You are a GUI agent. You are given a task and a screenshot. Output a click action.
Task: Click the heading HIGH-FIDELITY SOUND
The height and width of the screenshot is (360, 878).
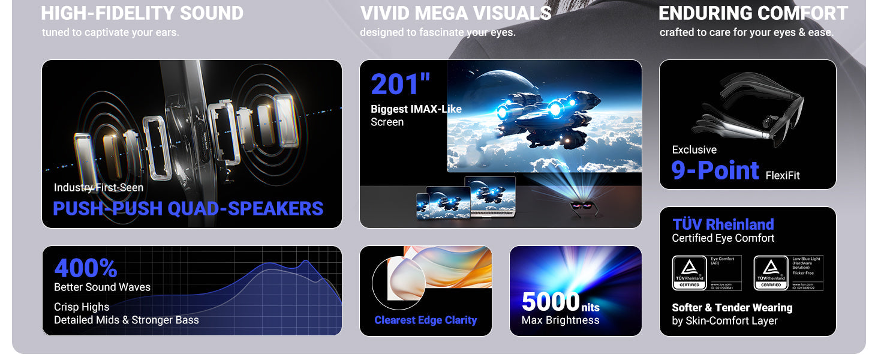(x=142, y=13)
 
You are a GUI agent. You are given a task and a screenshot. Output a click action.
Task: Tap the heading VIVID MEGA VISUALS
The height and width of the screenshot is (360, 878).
(x=456, y=13)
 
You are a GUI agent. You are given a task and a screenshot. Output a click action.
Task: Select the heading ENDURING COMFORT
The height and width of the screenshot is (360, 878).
(x=753, y=13)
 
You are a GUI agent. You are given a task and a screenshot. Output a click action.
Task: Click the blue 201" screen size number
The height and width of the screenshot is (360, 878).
(x=400, y=85)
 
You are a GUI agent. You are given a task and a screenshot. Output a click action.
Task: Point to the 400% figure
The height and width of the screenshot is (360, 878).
(x=86, y=268)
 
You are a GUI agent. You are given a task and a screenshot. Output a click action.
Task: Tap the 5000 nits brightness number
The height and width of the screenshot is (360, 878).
(x=551, y=301)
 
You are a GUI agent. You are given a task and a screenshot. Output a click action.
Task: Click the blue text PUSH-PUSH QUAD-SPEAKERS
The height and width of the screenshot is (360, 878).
(x=188, y=208)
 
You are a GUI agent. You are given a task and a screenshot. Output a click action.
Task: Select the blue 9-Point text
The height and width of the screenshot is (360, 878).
(x=715, y=170)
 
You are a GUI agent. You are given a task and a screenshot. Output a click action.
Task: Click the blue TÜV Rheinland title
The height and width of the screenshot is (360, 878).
(x=723, y=224)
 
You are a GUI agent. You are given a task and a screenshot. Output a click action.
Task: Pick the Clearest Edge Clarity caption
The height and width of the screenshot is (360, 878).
(x=426, y=320)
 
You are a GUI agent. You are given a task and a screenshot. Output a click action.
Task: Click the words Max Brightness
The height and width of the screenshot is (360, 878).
(x=560, y=320)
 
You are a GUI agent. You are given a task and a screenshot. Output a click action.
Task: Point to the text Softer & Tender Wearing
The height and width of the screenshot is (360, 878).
(x=732, y=308)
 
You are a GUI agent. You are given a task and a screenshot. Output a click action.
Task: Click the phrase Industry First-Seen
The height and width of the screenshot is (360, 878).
(x=98, y=188)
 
